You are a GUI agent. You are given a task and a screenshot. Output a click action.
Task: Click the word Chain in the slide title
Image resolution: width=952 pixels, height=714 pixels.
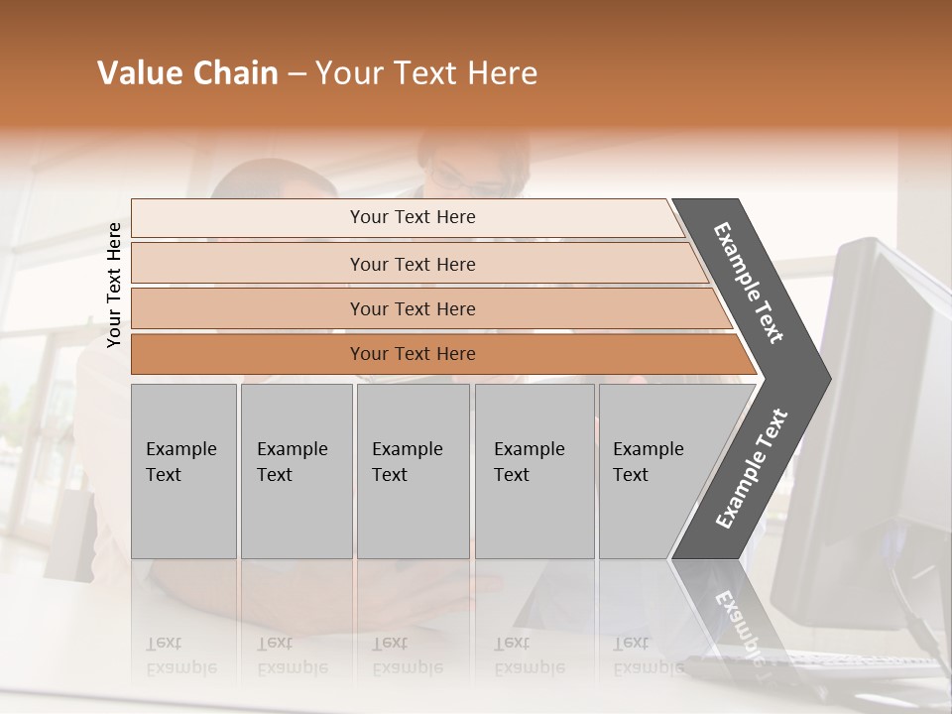point(234,73)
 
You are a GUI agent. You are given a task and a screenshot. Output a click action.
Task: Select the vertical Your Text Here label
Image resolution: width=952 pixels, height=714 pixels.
point(114,285)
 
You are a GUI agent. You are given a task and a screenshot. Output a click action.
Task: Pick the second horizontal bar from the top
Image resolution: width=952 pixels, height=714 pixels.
point(412,264)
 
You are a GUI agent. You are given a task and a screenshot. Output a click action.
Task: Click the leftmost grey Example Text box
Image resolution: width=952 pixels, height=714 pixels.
point(183,471)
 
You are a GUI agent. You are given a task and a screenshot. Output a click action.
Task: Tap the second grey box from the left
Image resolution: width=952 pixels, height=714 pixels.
point(296,471)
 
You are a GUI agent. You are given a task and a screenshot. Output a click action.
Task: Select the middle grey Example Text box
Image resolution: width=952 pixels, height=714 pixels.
point(413,471)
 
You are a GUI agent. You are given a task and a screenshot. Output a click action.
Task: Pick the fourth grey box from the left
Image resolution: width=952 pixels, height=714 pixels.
point(535,471)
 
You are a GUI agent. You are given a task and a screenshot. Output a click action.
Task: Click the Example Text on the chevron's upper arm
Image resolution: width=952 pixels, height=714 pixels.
point(749,283)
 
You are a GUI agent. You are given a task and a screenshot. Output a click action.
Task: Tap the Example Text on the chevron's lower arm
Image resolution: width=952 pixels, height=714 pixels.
point(752,469)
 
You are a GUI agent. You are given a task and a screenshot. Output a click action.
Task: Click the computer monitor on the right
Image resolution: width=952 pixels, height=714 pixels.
point(873,416)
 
